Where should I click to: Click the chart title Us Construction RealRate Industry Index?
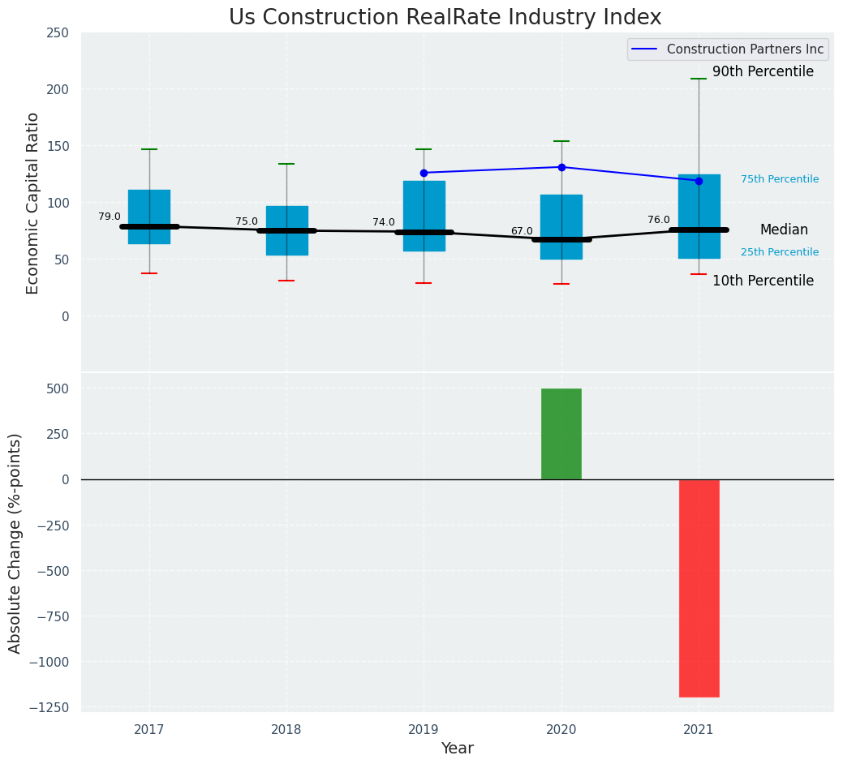(445, 18)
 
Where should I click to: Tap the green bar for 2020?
(561, 434)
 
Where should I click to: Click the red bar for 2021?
(699, 588)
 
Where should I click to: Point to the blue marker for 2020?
(561, 167)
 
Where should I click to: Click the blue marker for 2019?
(424, 173)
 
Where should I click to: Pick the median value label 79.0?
(110, 217)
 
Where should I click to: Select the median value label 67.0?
(522, 231)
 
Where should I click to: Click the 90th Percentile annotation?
(763, 71)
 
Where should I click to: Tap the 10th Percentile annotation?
(763, 281)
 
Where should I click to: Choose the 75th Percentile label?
(780, 179)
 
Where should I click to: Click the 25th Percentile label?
(780, 252)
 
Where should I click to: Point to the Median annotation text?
(784, 230)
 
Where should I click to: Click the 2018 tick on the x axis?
(286, 730)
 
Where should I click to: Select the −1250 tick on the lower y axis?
(45, 706)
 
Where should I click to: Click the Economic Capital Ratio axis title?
(33, 203)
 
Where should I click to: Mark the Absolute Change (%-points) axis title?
(15, 543)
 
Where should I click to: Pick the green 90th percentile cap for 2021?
(699, 79)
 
